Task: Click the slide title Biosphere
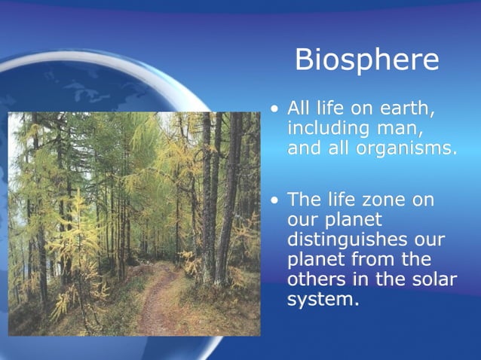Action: pos(366,59)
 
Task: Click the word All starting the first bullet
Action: pos(300,109)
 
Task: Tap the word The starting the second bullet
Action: pos(305,200)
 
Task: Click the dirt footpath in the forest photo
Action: pos(153,301)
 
